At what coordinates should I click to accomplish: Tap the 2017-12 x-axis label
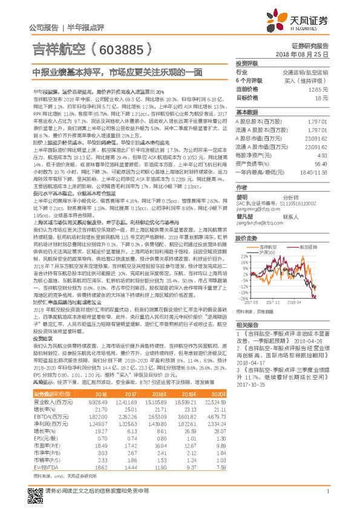click(x=275, y=302)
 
